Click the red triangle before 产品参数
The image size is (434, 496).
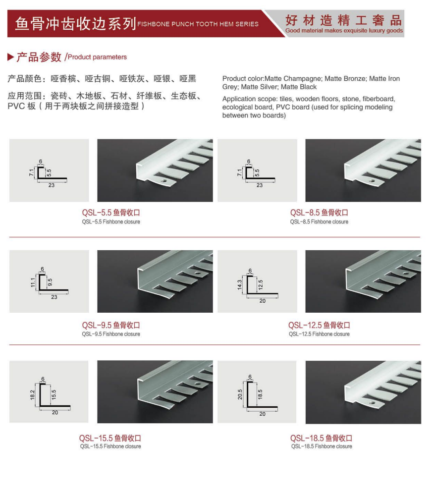11,57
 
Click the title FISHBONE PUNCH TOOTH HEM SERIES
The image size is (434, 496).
198,24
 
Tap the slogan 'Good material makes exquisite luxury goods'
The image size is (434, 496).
344,31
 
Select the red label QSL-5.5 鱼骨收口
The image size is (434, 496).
111,213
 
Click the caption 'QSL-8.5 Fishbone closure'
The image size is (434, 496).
319,222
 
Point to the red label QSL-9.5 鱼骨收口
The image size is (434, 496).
111,325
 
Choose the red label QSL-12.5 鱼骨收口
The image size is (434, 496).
319,325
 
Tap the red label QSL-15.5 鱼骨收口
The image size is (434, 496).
110,438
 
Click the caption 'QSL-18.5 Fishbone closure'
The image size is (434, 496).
322,446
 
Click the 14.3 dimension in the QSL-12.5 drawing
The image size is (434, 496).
239,285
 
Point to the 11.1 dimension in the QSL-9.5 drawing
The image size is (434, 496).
33,282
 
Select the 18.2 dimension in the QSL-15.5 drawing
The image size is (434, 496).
33,395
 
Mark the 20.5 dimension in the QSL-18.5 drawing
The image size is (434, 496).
240,394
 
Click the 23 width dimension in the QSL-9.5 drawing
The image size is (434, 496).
54,297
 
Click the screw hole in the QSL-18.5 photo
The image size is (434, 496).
372,403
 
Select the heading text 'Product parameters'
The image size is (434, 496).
97,57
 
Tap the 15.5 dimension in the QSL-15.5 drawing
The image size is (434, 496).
54,394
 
